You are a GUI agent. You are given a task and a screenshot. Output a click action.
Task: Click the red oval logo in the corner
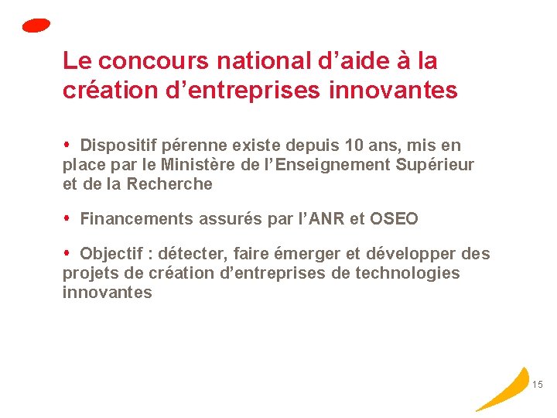pos(36,26)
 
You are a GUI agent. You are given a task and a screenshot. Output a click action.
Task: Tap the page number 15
pos(538,385)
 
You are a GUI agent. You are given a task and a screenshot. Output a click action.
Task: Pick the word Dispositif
pos(117,145)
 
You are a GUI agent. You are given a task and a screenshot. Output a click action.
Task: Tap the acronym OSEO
pos(394,219)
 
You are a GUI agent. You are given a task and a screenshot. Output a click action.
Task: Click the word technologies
pos(408,273)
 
